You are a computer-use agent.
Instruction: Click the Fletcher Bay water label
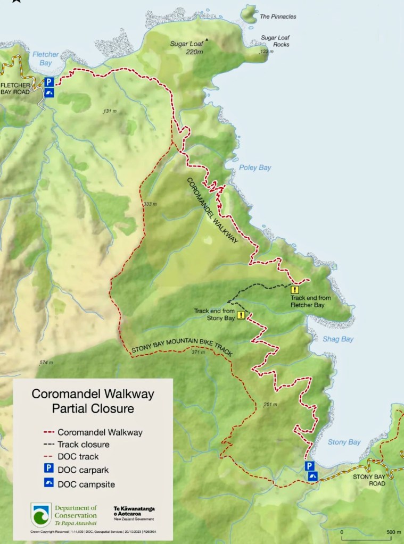pos(45,58)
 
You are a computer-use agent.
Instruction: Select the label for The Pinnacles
pos(277,17)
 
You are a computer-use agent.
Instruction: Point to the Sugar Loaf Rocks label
pos(275,41)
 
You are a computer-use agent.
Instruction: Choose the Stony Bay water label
pos(344,442)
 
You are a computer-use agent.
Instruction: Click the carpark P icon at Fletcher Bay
pos(49,82)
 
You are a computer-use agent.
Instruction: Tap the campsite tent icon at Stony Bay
pos(311,476)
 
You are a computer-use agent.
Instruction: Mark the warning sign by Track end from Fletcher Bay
pos(294,290)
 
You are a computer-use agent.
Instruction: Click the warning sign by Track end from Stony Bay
pos(241,315)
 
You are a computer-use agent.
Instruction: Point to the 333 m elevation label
pos(150,204)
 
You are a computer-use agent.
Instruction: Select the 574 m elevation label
pos(47,363)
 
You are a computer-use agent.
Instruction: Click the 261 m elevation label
pos(270,405)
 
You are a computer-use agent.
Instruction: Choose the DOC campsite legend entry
pos(86,484)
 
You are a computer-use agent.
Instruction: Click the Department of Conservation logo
pos(64,515)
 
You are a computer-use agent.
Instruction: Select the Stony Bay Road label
pos(368,480)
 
